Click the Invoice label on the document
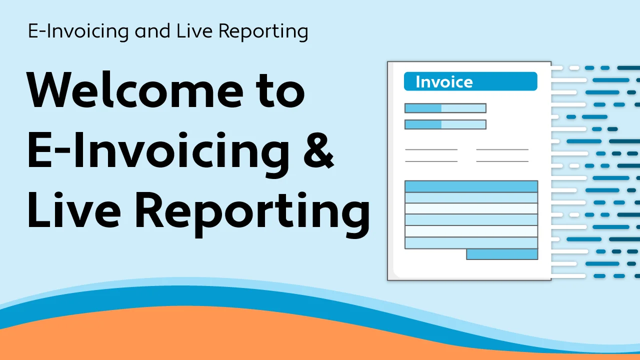coord(444,82)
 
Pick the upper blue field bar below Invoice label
coord(445,108)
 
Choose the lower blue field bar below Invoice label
coord(445,124)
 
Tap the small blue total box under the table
coord(502,254)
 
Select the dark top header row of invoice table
coord(471,186)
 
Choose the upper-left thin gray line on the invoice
coord(431,149)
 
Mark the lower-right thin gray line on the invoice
coord(502,161)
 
